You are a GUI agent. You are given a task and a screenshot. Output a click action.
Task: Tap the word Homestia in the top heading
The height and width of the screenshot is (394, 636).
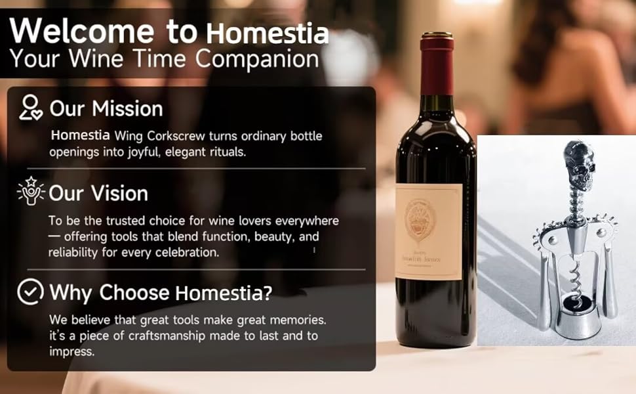click(x=268, y=32)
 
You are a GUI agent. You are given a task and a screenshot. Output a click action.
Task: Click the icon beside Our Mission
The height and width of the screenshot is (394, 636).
click(x=31, y=108)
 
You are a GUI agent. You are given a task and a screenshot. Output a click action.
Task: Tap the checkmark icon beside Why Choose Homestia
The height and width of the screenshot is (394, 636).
click(x=31, y=292)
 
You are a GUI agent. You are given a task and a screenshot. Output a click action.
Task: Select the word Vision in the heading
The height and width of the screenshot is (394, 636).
click(x=119, y=194)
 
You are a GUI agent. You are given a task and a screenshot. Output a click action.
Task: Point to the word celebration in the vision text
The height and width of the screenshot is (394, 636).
click(x=186, y=252)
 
